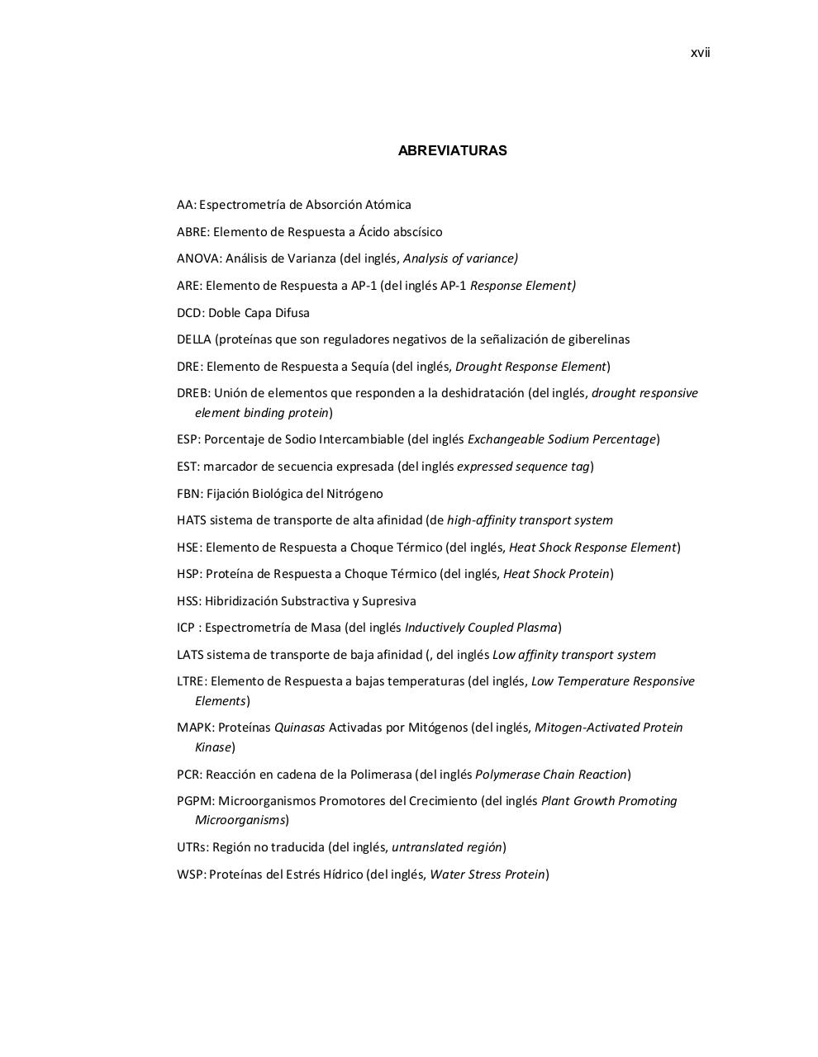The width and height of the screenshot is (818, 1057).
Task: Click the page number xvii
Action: tap(700, 53)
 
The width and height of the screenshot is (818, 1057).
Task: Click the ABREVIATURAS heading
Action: tap(452, 150)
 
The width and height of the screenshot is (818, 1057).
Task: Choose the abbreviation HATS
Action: tap(192, 520)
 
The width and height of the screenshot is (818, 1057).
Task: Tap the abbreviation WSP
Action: tap(190, 875)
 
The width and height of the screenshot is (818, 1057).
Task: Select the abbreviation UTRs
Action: tap(192, 847)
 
